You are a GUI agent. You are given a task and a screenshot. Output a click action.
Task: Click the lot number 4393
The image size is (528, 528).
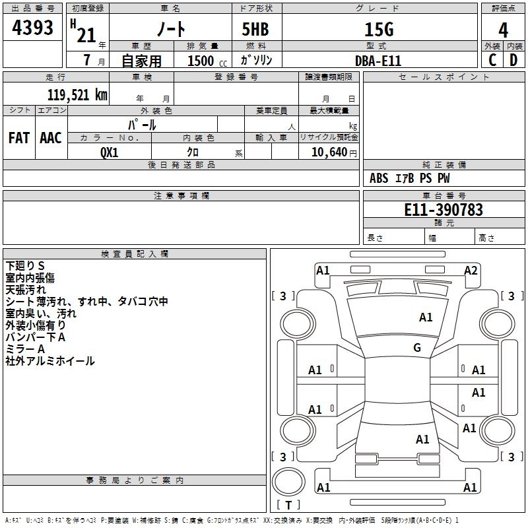(33, 28)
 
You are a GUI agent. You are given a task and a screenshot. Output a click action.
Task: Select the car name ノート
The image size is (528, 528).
(170, 29)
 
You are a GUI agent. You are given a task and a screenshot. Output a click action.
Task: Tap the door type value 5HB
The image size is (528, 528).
(255, 29)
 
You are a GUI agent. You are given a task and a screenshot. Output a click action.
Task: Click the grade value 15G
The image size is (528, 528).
(378, 29)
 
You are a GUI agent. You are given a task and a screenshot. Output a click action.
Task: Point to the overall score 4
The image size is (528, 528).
(504, 30)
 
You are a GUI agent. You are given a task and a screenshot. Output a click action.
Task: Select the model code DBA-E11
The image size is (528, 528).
(378, 61)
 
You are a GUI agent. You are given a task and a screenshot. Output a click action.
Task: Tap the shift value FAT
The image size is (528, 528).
(18, 138)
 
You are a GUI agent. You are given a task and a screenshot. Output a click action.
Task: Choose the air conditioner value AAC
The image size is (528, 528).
(51, 138)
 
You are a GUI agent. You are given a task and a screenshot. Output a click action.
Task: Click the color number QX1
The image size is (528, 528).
(110, 152)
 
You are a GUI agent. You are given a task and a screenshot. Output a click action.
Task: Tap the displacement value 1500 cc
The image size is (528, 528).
(207, 61)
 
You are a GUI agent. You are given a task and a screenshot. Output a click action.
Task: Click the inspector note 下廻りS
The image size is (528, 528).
(25, 266)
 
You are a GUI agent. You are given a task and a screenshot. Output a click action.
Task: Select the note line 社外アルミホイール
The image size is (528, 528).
(50, 361)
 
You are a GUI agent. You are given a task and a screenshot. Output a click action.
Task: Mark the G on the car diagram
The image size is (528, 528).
(417, 348)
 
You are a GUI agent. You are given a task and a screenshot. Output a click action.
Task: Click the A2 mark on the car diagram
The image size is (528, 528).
(471, 271)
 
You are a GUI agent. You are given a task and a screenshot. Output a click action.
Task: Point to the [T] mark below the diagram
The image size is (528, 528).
(288, 505)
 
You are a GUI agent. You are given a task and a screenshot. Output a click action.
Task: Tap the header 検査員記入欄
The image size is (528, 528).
(135, 254)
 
